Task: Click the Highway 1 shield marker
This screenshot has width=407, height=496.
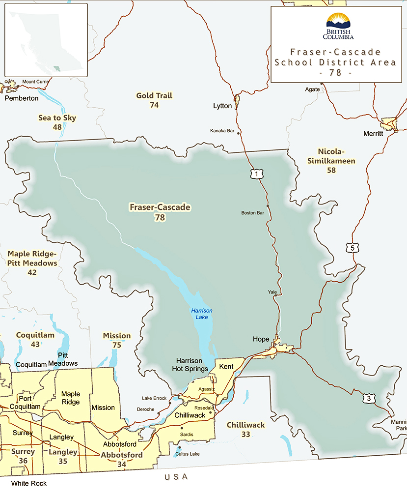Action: [254, 174]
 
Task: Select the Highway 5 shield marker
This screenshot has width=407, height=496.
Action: [352, 248]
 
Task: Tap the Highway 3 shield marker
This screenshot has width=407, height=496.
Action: [368, 398]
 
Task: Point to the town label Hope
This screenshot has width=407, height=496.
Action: [261, 339]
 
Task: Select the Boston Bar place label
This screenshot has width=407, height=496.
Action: [253, 213]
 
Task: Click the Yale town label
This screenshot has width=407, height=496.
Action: [272, 292]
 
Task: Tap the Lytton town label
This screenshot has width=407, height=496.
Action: [222, 106]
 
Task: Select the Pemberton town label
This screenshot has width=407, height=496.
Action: [22, 98]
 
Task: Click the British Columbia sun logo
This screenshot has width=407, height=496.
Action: [339, 21]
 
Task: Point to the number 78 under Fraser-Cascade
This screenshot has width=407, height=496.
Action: [160, 217]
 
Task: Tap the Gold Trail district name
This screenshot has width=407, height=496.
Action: [154, 95]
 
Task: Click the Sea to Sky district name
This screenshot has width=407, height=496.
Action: [57, 118]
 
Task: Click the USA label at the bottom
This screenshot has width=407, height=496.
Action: [176, 477]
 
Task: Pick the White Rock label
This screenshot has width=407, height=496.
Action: [29, 483]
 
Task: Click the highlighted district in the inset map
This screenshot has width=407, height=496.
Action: [57, 68]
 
